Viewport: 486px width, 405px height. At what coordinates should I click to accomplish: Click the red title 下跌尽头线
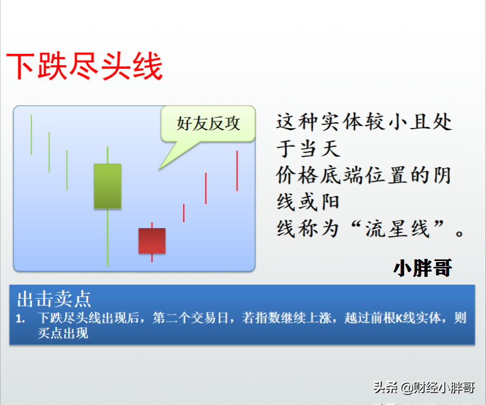coord(84,66)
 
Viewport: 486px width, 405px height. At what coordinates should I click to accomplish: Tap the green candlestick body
coord(107,186)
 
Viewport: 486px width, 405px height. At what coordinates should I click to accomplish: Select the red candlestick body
coord(152,241)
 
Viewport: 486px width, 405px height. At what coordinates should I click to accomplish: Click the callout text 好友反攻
coord(208,124)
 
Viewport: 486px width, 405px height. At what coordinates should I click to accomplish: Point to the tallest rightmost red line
coord(237,171)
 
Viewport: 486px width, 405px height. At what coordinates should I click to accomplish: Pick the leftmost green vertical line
coord(31,135)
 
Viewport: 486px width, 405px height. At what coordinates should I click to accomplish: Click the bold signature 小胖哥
coord(423,268)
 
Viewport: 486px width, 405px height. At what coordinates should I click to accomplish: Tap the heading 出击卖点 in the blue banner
coord(54,299)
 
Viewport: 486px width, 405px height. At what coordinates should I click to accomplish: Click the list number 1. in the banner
coord(21,319)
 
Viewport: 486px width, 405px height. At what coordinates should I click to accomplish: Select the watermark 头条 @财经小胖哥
coord(424,388)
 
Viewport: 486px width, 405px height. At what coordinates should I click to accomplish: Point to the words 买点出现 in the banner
coord(63,334)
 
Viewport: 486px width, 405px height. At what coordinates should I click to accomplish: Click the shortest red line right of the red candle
coord(184,213)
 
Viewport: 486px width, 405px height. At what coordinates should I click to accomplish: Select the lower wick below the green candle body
coord(107,238)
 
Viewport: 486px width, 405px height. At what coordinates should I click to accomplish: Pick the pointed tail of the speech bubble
coord(159,169)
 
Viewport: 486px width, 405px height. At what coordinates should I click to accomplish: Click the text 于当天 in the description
coord(309,149)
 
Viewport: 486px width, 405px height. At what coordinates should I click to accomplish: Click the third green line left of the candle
coord(67,170)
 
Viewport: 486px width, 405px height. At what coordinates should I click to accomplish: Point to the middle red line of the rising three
coord(206,188)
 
